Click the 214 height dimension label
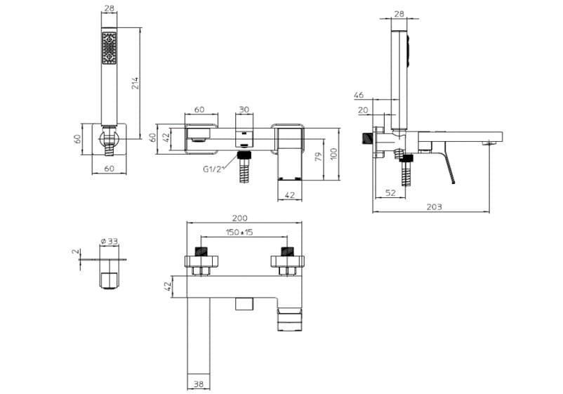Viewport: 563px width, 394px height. point(135,84)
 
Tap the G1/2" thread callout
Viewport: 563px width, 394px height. point(213,169)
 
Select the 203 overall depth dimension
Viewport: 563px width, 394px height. point(434,207)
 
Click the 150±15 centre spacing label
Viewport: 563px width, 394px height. point(239,232)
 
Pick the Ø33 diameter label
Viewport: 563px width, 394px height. point(109,241)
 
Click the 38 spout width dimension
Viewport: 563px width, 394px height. point(198,384)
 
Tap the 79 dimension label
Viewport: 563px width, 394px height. point(318,157)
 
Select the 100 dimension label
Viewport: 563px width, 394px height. point(334,154)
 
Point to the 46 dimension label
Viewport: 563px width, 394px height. point(358,96)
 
